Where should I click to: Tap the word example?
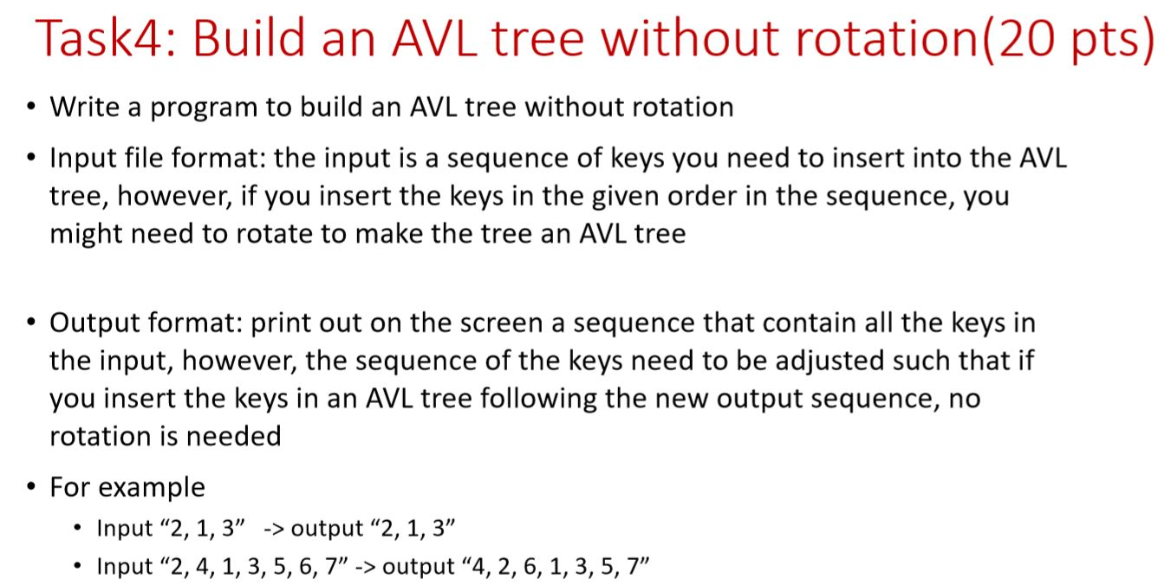(x=152, y=488)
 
